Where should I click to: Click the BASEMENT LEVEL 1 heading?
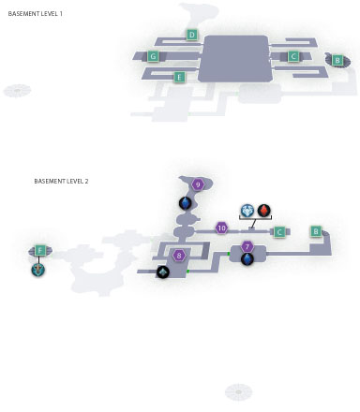pyautogui.click(x=35, y=14)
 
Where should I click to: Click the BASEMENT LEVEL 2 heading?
pyautogui.click(x=61, y=181)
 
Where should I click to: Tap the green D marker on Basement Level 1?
pyautogui.click(x=192, y=35)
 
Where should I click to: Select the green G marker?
pyautogui.click(x=153, y=56)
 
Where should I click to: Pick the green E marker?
pyautogui.click(x=179, y=77)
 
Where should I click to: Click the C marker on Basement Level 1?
pyautogui.click(x=293, y=56)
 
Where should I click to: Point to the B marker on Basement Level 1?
pyautogui.click(x=337, y=60)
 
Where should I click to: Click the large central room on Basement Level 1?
pyautogui.click(x=235, y=59)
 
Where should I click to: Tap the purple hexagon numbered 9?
pyautogui.click(x=198, y=184)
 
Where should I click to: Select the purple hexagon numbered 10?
pyautogui.click(x=221, y=228)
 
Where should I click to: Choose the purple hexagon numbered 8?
pyautogui.click(x=179, y=256)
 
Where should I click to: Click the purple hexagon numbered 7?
pyautogui.click(x=247, y=247)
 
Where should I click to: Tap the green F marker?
pyautogui.click(x=40, y=250)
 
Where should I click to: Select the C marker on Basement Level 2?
pyautogui.click(x=279, y=232)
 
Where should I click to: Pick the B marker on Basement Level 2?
pyautogui.click(x=316, y=231)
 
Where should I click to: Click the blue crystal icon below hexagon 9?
pyautogui.click(x=186, y=203)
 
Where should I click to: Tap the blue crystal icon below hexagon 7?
pyautogui.click(x=247, y=259)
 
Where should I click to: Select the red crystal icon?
pyautogui.click(x=264, y=211)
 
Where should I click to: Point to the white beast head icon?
pyautogui.click(x=247, y=211)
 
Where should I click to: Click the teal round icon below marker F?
pyautogui.click(x=38, y=270)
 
